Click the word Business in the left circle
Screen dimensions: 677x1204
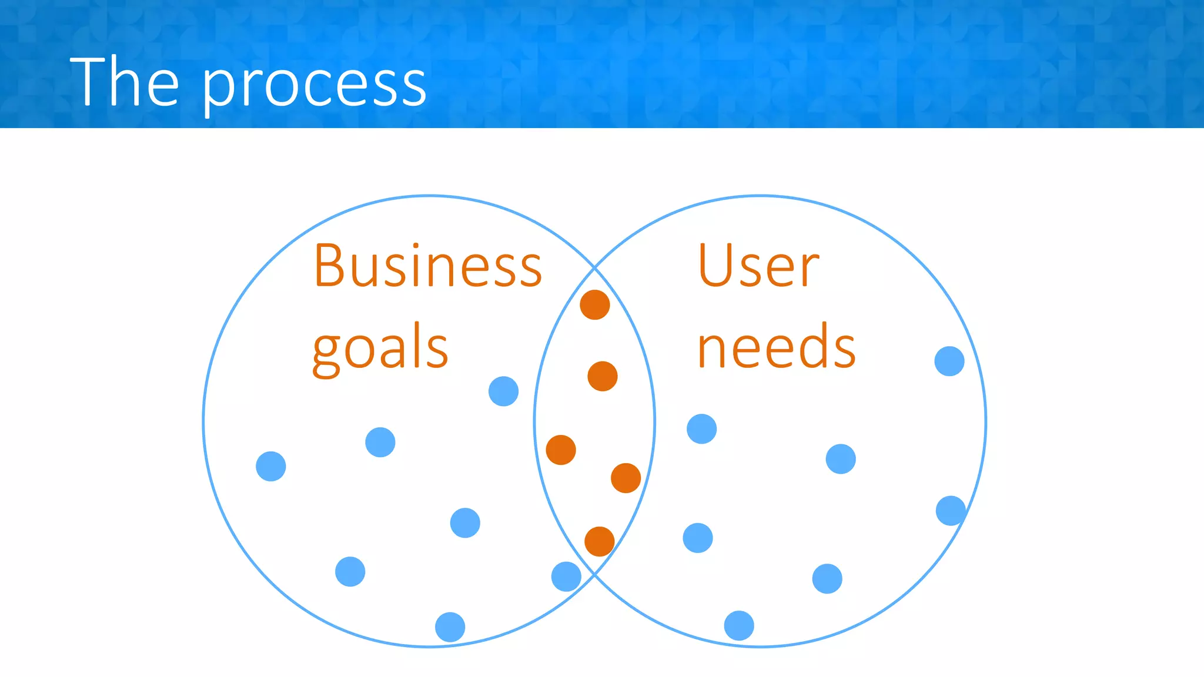tap(427, 266)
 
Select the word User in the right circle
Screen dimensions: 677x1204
tap(758, 266)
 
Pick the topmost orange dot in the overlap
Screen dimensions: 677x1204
tap(594, 305)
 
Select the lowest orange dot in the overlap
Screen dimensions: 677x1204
tap(599, 541)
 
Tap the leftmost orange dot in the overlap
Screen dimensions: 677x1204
tap(561, 450)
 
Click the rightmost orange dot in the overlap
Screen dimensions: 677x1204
tap(626, 478)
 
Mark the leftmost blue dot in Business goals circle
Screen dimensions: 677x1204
tap(271, 466)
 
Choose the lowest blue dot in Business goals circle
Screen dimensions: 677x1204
tap(450, 627)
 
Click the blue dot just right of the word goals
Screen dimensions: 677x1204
tap(503, 391)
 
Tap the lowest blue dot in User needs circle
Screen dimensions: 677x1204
tap(739, 625)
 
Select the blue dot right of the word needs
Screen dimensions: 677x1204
tap(949, 361)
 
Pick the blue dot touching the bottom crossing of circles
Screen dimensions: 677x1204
tap(566, 577)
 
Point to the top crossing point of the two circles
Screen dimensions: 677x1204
tap(594, 267)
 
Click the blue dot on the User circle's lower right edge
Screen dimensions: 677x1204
tap(951, 510)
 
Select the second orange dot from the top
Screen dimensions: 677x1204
tap(602, 376)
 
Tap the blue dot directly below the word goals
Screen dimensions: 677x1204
tap(380, 442)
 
